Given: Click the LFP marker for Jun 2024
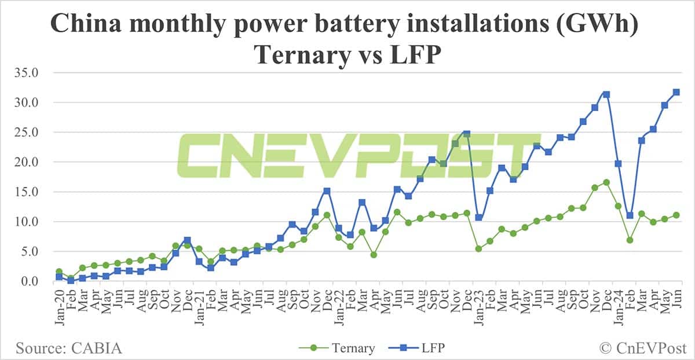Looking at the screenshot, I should click(x=676, y=92).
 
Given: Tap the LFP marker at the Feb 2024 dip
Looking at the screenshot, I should click(x=630, y=215).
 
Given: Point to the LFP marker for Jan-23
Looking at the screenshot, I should click(x=478, y=218).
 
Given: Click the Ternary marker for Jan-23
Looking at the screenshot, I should click(x=478, y=249).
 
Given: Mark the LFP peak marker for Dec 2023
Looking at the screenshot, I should click(x=606, y=94).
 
